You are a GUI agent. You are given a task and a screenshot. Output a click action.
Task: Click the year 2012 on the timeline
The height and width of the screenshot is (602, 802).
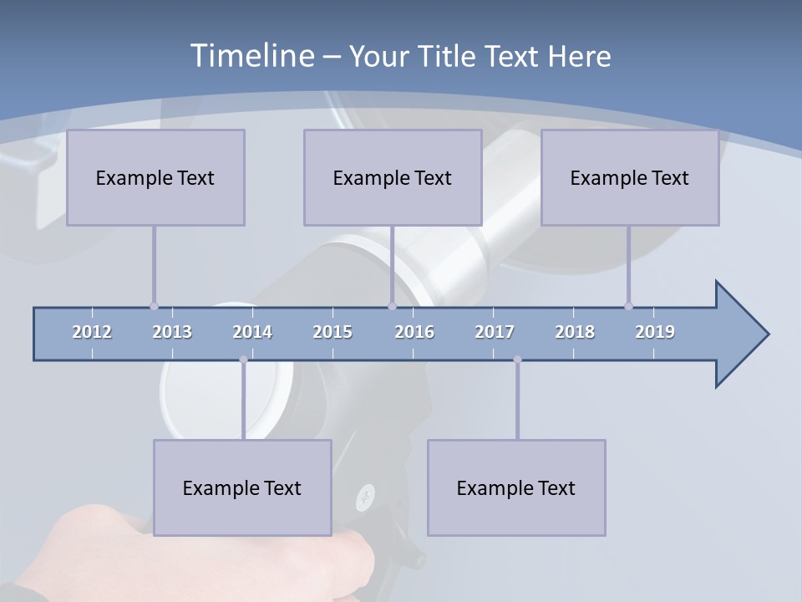tap(92, 332)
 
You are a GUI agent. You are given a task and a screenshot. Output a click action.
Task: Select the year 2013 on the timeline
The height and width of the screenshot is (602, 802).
tap(172, 332)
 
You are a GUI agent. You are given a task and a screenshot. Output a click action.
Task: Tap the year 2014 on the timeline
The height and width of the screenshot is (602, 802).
tap(252, 332)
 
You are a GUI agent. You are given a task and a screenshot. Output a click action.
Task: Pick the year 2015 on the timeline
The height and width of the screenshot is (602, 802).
tap(332, 332)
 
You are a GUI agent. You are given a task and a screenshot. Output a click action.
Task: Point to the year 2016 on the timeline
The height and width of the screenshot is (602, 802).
tap(414, 332)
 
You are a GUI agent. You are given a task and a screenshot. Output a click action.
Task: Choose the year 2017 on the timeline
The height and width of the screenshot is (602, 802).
tap(495, 332)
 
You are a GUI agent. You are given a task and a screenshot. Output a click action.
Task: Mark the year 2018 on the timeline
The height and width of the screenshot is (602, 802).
tap(575, 332)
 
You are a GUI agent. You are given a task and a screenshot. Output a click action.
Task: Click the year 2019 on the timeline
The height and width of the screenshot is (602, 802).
tap(655, 332)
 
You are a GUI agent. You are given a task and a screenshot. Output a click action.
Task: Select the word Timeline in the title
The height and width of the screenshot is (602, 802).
tap(251, 55)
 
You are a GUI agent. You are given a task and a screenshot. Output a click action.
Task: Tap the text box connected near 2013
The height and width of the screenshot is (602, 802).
tap(155, 177)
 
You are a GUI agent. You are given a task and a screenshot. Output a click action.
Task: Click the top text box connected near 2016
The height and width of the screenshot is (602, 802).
tap(393, 177)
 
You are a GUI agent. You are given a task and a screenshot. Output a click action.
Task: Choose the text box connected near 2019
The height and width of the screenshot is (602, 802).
tap(630, 177)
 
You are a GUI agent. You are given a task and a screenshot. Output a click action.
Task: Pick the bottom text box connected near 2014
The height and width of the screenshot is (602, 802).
tap(242, 487)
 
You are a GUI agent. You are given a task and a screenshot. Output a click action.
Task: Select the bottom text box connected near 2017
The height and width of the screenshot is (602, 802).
tap(516, 487)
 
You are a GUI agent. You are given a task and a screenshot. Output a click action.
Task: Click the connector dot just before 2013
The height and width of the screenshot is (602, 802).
tap(154, 306)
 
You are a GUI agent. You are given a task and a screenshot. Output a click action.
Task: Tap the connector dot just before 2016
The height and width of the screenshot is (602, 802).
tap(392, 306)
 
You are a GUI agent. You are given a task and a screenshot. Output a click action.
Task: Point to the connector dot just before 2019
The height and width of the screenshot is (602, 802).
tap(628, 306)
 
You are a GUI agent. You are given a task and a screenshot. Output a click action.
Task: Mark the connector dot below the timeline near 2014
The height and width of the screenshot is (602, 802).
tap(243, 360)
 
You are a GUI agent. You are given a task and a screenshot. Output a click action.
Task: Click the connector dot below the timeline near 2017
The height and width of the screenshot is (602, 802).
tap(517, 360)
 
